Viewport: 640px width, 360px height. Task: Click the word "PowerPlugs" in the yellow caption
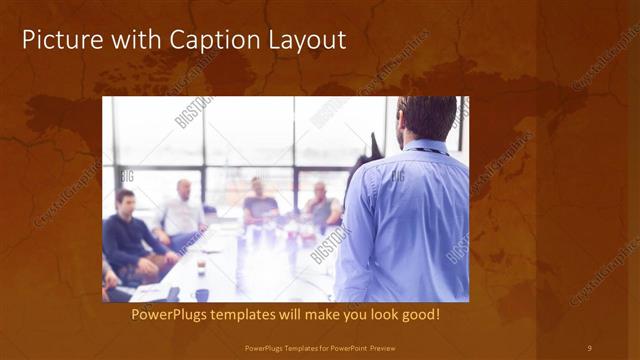172,314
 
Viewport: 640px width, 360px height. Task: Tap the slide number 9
589,348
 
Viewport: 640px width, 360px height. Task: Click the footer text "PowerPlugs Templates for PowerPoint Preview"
319,348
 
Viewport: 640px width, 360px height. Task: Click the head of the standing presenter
424,117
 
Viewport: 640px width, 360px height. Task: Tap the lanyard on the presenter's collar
428,150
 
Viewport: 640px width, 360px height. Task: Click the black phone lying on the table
172,293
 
